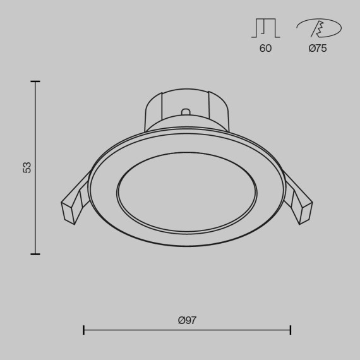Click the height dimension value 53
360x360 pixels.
[27, 167]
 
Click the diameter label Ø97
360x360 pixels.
[187, 320]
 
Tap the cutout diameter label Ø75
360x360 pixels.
[318, 49]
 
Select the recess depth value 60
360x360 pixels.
[265, 49]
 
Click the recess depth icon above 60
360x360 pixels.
[265, 28]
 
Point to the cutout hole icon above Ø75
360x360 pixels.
[318, 28]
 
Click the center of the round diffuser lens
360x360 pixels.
[187, 189]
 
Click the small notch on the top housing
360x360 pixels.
[186, 112]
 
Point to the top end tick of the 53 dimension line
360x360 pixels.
[35, 81]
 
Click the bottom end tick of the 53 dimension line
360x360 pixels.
[35, 254]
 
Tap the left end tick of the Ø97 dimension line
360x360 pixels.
[84, 330]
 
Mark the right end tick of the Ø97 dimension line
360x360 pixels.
[290, 330]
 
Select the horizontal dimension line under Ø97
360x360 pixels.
[187, 330]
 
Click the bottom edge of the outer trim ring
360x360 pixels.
[187, 246]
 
